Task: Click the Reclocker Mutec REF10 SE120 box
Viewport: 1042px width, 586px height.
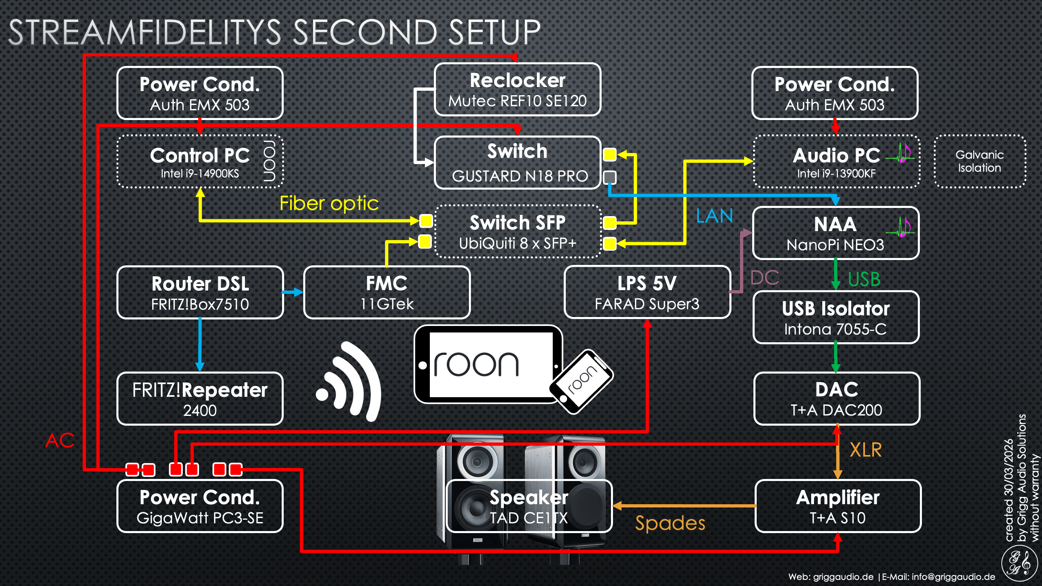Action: click(x=517, y=90)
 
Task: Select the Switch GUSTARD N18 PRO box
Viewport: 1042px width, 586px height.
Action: click(x=517, y=163)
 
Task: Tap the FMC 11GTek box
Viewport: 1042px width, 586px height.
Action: click(x=387, y=293)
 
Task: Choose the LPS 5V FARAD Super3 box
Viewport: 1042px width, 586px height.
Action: click(x=647, y=293)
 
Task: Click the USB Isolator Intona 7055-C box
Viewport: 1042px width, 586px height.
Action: click(x=836, y=318)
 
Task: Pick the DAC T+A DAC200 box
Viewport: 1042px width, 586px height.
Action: click(x=836, y=399)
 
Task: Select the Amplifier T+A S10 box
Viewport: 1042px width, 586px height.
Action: click(x=838, y=506)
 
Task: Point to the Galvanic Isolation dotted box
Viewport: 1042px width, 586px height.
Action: click(x=979, y=162)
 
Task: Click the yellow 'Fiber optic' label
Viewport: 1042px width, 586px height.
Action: click(x=329, y=203)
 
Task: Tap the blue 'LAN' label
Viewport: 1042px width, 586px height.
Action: click(x=714, y=216)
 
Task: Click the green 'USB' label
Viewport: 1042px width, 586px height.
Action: click(x=864, y=280)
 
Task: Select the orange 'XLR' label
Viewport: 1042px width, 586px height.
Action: click(x=866, y=450)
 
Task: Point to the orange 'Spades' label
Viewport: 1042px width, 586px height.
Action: click(x=670, y=523)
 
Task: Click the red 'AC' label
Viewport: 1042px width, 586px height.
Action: click(x=60, y=440)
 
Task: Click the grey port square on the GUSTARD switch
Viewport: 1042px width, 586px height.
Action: click(x=609, y=177)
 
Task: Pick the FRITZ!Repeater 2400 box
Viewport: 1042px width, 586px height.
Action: click(x=200, y=399)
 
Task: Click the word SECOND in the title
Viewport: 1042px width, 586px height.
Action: click(x=365, y=33)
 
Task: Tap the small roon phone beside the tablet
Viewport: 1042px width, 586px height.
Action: click(x=581, y=382)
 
